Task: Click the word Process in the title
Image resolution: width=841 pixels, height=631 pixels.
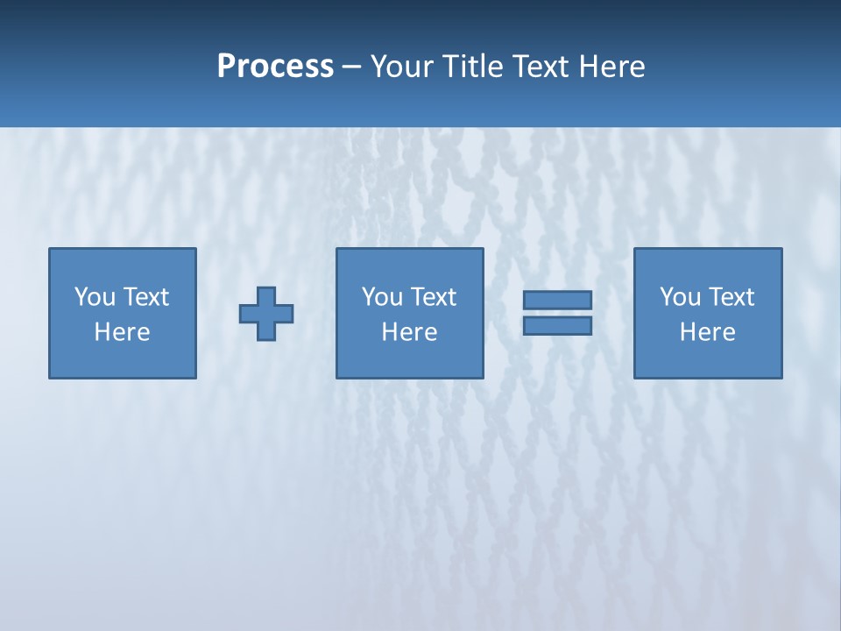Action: [275, 67]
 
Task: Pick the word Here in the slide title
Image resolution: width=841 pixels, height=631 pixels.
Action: [612, 67]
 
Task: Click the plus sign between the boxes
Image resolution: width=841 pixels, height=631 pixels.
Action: [266, 314]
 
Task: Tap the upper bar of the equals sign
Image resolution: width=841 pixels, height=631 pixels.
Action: [557, 301]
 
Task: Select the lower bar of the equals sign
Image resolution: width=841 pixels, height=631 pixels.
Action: [557, 325]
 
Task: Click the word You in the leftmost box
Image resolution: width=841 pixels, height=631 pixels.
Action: [95, 297]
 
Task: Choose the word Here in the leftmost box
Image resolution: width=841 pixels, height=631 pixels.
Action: [122, 332]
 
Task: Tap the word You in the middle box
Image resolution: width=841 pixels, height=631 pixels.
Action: [382, 297]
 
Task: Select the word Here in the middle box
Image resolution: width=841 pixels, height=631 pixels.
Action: [409, 332]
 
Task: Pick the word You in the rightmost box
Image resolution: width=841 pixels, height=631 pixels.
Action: [680, 297]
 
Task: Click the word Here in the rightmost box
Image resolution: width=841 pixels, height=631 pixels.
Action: [707, 332]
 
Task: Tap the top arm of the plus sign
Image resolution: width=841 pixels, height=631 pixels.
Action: [266, 295]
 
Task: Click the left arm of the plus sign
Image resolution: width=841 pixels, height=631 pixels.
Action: [248, 314]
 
